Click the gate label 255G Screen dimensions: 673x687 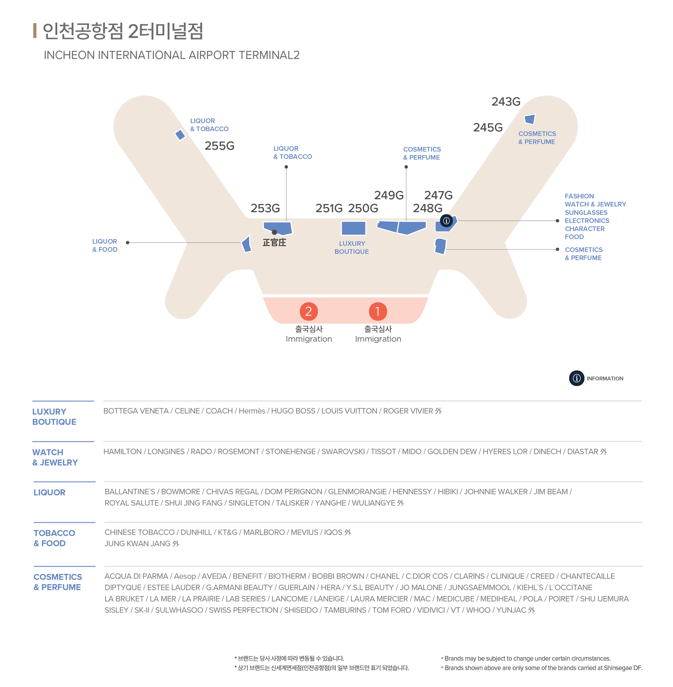220,146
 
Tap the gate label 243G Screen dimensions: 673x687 506,101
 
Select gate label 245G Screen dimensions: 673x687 488,127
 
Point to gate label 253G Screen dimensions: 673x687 265,208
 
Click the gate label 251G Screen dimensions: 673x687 329,208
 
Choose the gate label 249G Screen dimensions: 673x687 389,195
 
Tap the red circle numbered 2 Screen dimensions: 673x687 309,311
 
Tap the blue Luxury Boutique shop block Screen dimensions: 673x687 353,228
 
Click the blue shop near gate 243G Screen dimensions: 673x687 530,119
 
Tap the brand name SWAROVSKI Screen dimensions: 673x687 343,452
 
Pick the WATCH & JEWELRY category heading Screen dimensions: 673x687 55,458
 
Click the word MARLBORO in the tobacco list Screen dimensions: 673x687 264,532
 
